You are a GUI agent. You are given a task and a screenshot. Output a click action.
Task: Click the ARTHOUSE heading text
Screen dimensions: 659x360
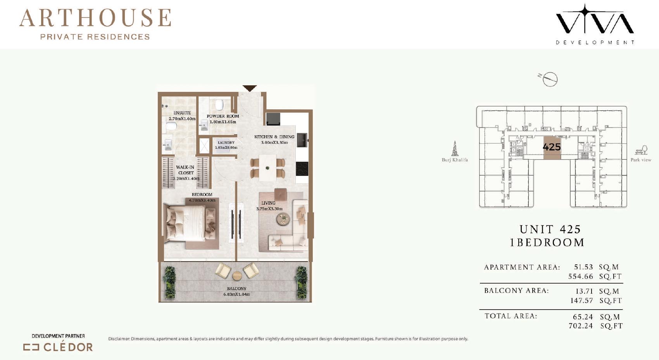point(95,18)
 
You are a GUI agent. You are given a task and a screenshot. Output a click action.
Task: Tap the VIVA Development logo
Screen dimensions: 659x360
point(595,24)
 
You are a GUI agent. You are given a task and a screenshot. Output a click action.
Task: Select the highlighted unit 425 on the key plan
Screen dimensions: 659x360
point(552,148)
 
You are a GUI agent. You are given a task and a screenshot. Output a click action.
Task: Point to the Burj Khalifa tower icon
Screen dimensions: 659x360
point(455,148)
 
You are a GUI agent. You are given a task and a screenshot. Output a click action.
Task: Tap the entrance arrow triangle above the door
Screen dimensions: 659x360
point(250,88)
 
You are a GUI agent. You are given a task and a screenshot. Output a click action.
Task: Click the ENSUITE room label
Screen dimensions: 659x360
point(182,113)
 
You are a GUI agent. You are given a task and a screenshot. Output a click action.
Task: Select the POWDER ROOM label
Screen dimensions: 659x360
point(223,116)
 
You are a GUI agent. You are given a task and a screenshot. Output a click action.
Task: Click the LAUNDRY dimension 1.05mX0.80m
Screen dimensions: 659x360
point(226,148)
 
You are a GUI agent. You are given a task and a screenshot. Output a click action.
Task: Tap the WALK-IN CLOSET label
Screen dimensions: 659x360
point(185,170)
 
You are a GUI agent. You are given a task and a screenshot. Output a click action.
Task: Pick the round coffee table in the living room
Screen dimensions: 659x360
point(283,219)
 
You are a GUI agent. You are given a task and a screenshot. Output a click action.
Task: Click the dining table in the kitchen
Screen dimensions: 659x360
point(267,168)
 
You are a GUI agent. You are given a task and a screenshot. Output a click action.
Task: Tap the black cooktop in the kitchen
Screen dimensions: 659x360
point(302,169)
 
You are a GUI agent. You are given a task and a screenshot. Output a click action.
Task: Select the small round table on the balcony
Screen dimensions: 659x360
point(237,276)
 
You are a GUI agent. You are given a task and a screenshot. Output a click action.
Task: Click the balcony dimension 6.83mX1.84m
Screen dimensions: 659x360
point(236,295)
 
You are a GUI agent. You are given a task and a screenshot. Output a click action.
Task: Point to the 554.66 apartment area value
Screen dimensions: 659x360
point(581,276)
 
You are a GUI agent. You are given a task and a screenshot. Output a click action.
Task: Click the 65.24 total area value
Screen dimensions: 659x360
point(583,317)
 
